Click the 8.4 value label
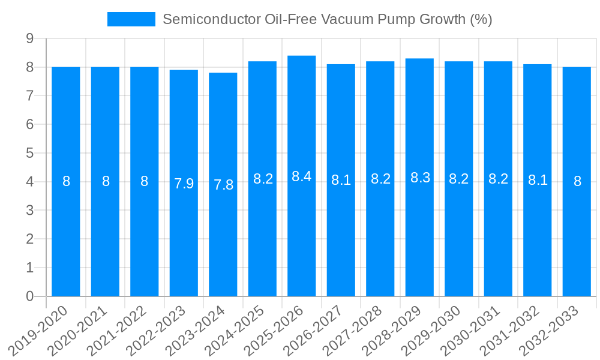point(302,176)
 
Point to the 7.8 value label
point(223,185)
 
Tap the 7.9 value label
point(184,184)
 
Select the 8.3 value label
point(419,178)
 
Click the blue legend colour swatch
point(131,19)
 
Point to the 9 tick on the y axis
point(29,38)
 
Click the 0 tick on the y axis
point(29,296)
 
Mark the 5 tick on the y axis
point(29,153)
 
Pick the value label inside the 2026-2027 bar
point(341,179)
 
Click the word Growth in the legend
point(439,19)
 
